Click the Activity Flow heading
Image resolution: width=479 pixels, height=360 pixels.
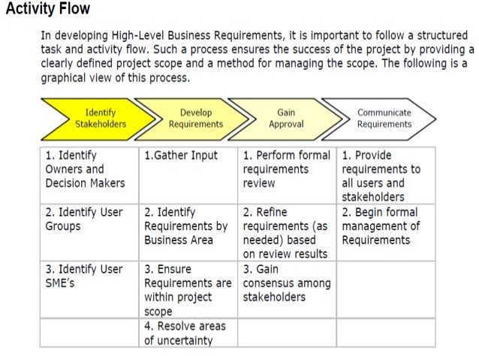click(x=48, y=10)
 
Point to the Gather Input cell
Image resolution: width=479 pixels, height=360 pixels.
click(x=181, y=156)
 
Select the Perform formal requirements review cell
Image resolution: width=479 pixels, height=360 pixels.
click(x=287, y=169)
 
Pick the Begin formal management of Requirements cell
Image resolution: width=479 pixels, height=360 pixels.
click(x=381, y=226)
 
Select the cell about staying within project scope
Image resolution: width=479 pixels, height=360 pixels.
click(x=188, y=289)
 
